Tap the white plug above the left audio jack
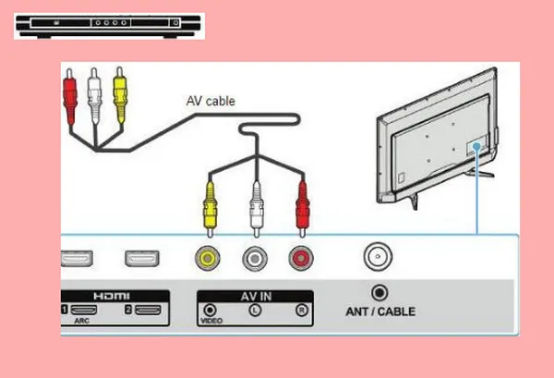(x=255, y=203)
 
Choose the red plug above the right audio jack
(x=299, y=203)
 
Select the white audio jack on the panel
(x=255, y=259)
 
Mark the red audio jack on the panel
(x=299, y=259)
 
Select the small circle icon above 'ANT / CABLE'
(x=377, y=292)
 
